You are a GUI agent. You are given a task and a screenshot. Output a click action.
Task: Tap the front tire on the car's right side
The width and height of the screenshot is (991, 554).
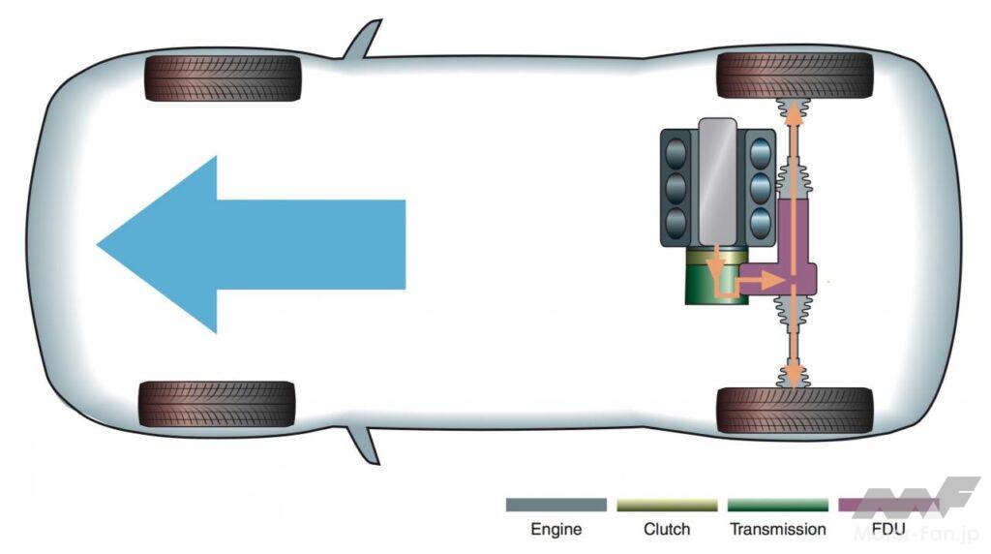(224, 77)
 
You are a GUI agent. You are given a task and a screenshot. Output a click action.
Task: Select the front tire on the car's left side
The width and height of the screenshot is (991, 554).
(217, 404)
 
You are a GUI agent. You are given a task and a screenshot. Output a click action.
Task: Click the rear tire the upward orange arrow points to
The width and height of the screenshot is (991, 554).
(795, 75)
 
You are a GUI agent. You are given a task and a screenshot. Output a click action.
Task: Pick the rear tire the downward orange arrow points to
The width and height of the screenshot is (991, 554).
(795, 410)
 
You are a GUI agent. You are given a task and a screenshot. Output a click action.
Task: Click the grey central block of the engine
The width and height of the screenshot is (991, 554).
(717, 180)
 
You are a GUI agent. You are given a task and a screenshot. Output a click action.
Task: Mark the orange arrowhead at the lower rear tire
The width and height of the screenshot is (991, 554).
(793, 373)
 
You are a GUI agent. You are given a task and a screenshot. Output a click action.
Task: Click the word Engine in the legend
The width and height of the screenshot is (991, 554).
(556, 530)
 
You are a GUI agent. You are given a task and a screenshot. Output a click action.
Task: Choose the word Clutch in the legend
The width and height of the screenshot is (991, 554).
(667, 530)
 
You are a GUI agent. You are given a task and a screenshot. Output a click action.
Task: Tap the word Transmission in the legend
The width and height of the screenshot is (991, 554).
(778, 530)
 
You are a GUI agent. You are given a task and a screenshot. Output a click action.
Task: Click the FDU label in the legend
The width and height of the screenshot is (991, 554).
(889, 531)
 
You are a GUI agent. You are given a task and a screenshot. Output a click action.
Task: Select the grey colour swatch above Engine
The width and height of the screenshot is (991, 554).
(556, 506)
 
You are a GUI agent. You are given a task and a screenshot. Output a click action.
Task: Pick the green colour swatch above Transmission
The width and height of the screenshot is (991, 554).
(778, 506)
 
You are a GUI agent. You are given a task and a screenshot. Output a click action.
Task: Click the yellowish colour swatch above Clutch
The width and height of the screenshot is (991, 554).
(667, 506)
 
